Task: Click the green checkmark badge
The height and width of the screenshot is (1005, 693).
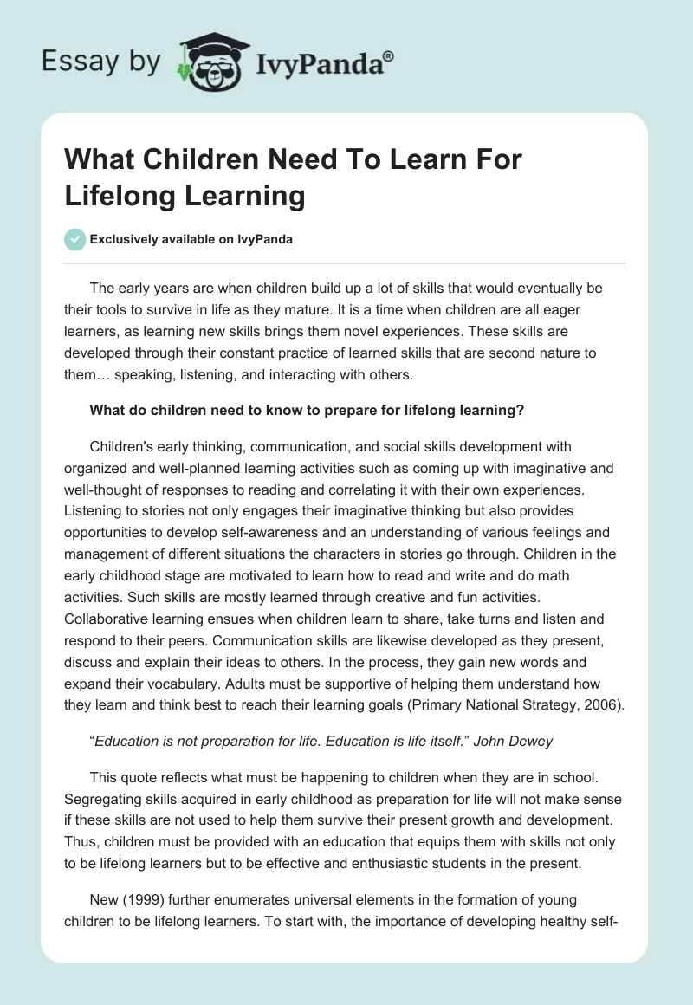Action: coord(75,239)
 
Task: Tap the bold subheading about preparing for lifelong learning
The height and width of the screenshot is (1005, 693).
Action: coord(306,412)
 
